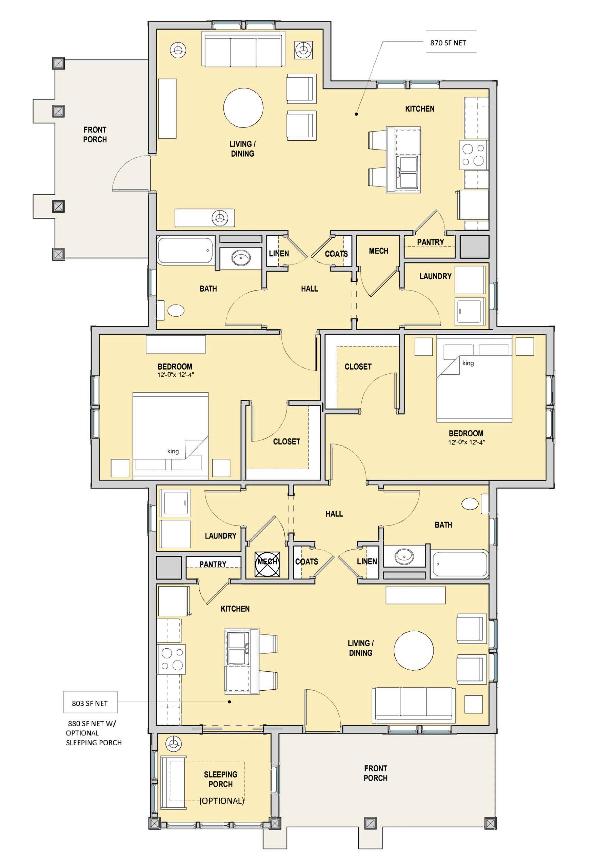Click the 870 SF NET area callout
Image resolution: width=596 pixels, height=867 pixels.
(x=448, y=43)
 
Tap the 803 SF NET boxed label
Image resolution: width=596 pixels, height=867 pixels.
(x=90, y=704)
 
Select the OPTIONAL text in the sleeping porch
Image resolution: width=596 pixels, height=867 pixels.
(x=222, y=801)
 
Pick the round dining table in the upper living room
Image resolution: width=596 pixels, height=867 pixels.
(x=243, y=108)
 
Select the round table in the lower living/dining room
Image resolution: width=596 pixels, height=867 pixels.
(x=414, y=651)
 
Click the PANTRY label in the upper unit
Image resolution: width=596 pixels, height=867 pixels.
(x=431, y=242)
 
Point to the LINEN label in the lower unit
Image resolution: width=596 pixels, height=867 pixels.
(x=367, y=561)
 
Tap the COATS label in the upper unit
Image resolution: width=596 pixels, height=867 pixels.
(x=336, y=254)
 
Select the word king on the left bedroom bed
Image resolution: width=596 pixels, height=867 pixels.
(x=173, y=451)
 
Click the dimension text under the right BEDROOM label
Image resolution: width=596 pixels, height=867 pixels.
(x=466, y=442)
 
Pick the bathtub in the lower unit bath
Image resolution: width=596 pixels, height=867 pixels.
(x=460, y=564)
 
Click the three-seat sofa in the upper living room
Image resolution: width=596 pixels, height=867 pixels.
(x=242, y=49)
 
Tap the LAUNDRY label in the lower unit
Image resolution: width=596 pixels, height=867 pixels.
(x=220, y=536)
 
